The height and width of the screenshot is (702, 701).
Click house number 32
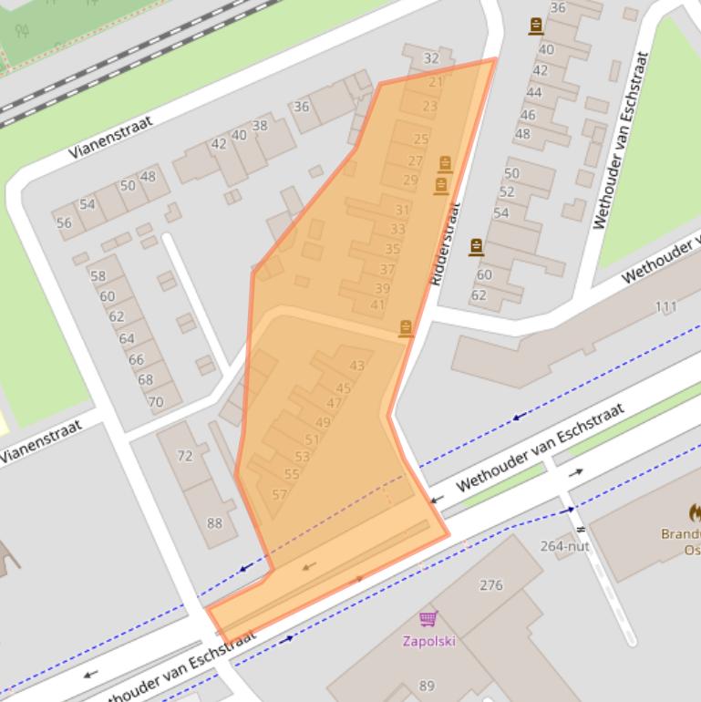[x=431, y=58]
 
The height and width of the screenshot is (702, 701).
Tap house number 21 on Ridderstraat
[x=435, y=82]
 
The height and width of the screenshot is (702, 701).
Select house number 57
[x=279, y=495]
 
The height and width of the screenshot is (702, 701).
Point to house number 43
[x=356, y=366]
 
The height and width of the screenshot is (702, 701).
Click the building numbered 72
[x=185, y=456]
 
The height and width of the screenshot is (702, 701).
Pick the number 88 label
[x=214, y=523]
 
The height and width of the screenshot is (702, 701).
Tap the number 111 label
[x=666, y=306]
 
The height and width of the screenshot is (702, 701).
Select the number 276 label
[x=490, y=585]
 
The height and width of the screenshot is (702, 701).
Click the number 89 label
[x=427, y=687]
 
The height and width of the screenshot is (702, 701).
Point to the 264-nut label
[x=565, y=546]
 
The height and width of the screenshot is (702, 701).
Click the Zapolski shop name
[x=428, y=641]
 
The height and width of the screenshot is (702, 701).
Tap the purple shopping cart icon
[x=428, y=619]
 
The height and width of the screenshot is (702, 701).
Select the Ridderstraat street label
[x=443, y=244]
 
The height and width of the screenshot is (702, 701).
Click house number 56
[x=64, y=222]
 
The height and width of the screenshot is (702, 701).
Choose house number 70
[x=156, y=401]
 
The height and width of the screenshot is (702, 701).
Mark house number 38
[x=260, y=126]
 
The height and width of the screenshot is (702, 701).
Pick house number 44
[x=534, y=92]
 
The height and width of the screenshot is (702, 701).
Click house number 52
[x=507, y=192]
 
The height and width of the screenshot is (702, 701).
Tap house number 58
[x=98, y=276]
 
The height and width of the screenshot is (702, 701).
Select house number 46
[x=528, y=115]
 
